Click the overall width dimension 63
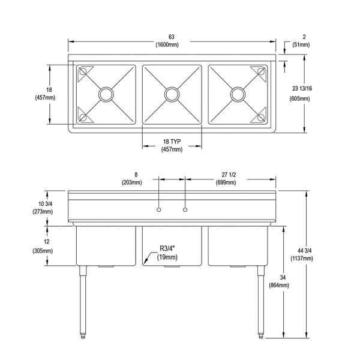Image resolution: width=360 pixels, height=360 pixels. pyautogui.click(x=172, y=36)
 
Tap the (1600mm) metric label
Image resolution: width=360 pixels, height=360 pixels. pyautogui.click(x=172, y=44)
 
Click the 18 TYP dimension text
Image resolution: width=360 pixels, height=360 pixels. pyautogui.click(x=172, y=141)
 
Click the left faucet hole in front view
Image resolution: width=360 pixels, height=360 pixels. pyautogui.click(x=158, y=209)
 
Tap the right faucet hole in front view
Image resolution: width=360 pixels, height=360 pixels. pyautogui.click(x=185, y=209)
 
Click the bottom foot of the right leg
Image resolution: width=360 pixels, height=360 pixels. pyautogui.click(x=260, y=334)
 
